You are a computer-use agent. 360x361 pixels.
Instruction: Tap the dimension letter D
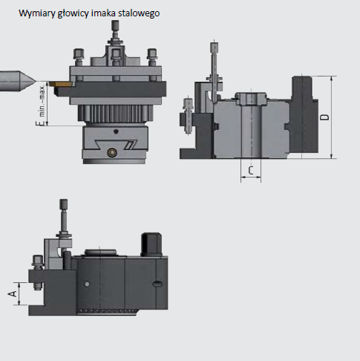pos(325,117)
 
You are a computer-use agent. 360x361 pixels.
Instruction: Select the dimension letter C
pos(251,170)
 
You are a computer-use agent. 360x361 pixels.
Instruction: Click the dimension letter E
pos(39,123)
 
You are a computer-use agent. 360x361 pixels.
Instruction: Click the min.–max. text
pos(42,101)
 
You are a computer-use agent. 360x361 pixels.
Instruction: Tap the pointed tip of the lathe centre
pos(36,81)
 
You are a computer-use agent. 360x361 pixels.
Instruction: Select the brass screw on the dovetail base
pos(113,152)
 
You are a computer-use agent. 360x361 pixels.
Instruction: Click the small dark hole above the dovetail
pos(116,131)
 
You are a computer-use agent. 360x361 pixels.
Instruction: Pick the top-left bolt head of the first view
pos(79,53)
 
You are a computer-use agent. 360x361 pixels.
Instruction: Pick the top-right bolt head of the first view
pos(152,53)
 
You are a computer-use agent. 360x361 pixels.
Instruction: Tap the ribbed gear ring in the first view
pos(115,113)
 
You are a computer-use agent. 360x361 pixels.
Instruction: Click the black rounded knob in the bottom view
pos(151,244)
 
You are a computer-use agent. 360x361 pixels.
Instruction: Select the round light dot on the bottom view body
pos(87,284)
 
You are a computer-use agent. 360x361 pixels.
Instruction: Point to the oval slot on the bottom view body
pos(157,284)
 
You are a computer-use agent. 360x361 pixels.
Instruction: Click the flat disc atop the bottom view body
pos(100,253)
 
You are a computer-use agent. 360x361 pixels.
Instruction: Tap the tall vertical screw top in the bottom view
pos(64,204)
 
